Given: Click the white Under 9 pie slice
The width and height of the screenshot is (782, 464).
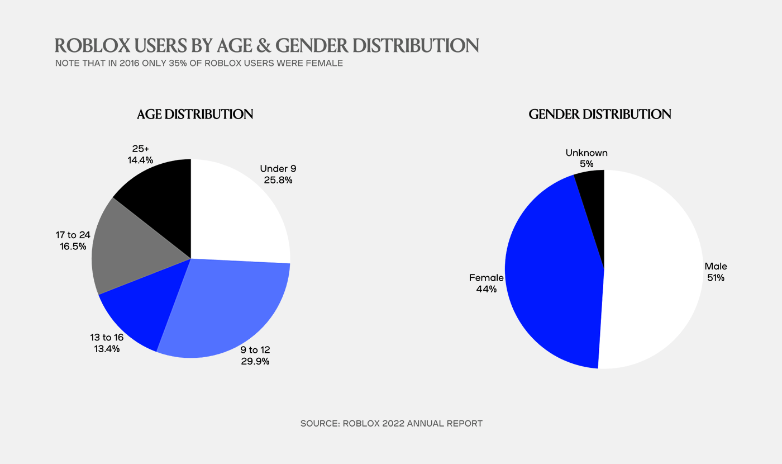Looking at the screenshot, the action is click(237, 213).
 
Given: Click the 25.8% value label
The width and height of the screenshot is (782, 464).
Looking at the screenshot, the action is click(278, 180).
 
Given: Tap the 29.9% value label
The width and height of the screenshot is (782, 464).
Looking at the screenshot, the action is click(255, 361).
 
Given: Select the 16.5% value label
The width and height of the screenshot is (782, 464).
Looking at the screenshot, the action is click(73, 247).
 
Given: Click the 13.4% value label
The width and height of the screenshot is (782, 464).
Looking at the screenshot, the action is click(107, 349).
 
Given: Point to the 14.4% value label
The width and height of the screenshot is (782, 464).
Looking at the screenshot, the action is click(140, 160).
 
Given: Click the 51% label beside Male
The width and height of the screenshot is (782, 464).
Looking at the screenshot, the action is click(716, 278).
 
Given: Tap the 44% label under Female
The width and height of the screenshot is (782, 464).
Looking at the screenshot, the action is click(487, 290).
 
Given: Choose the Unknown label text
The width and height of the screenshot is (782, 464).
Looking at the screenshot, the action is click(586, 153).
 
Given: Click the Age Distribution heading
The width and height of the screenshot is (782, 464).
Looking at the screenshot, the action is click(195, 114).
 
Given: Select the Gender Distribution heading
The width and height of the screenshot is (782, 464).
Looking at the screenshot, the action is click(600, 114).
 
